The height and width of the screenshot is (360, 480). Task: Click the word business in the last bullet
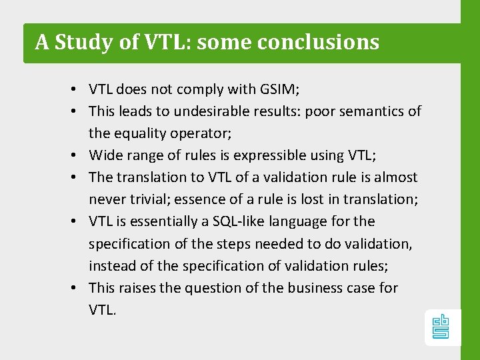click(x=315, y=288)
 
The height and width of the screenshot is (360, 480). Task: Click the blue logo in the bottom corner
click(x=441, y=327)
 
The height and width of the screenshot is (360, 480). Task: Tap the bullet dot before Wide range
click(x=79, y=156)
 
